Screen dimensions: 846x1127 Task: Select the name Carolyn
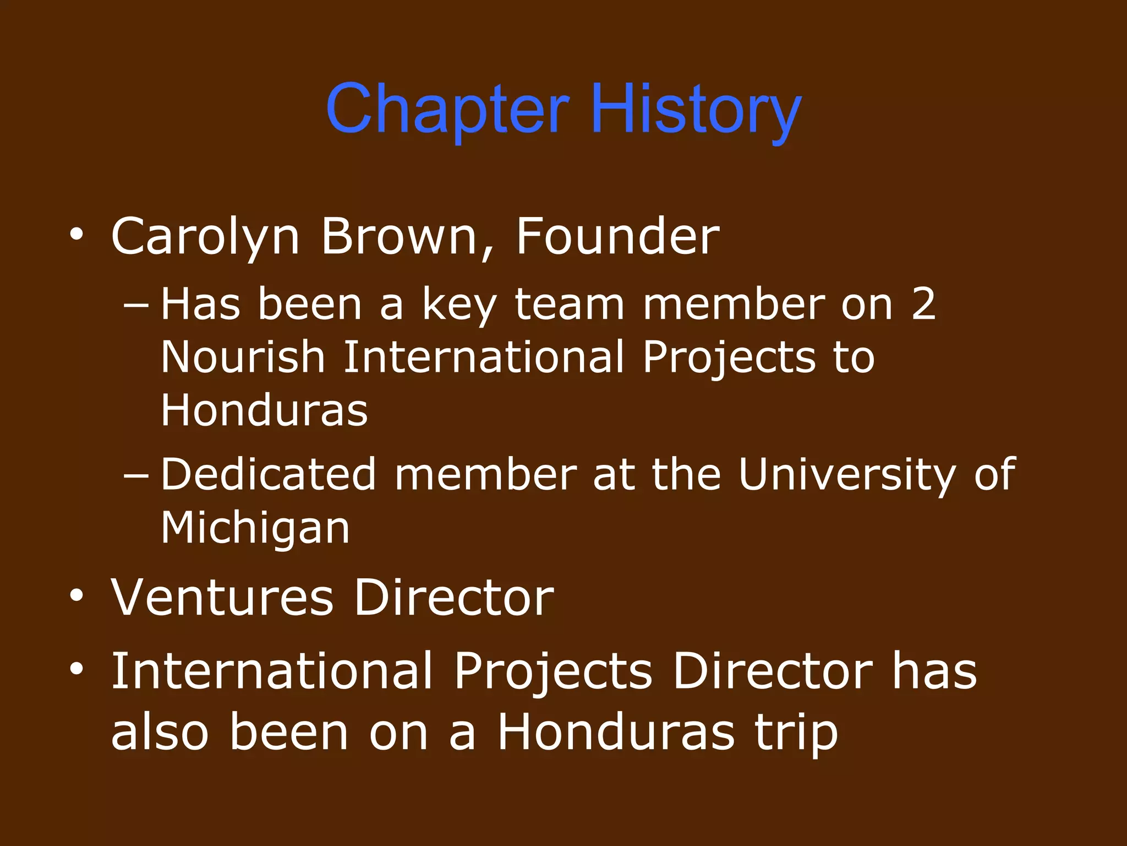(x=205, y=237)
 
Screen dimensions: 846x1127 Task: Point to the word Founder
(x=617, y=237)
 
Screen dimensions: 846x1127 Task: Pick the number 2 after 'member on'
(x=923, y=304)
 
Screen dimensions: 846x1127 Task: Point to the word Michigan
(x=255, y=528)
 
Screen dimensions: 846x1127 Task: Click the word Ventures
(x=222, y=598)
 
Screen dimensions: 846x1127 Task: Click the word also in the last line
(x=160, y=733)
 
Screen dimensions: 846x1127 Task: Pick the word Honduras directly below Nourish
(x=264, y=410)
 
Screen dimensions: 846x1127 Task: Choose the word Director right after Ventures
(x=453, y=598)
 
